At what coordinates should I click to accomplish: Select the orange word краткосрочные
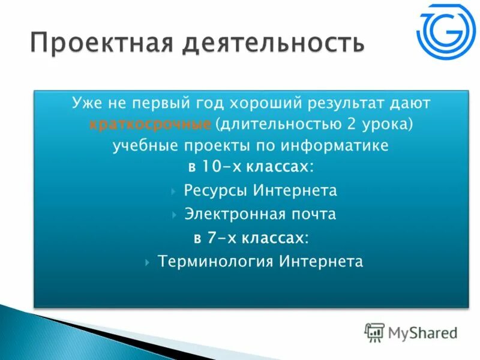click(x=149, y=125)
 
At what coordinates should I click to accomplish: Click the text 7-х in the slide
click(x=221, y=238)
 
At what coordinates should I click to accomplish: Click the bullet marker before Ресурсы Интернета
click(x=173, y=191)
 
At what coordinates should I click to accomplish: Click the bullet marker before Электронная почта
click(x=173, y=214)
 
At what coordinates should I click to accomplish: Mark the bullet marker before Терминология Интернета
click(x=148, y=262)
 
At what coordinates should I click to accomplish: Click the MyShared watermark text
click(x=422, y=332)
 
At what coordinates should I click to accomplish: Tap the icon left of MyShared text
click(x=374, y=332)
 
